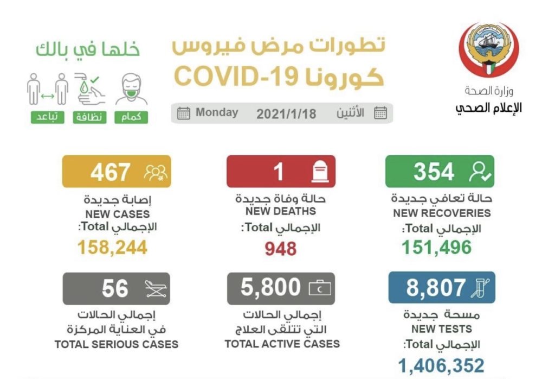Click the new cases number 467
tap(110, 172)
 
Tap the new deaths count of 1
tap(279, 172)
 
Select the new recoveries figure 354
tap(434, 172)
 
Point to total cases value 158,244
tap(112, 248)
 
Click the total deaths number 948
tap(280, 248)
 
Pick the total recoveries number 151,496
tap(436, 248)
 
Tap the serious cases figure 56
tap(115, 288)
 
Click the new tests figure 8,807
tap(429, 287)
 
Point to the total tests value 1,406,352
tap(441, 365)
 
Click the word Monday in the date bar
tap(217, 113)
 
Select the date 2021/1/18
tap(286, 113)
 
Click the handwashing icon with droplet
tap(89, 88)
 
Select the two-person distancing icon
tap(47, 89)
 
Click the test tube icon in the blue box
tap(480, 288)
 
